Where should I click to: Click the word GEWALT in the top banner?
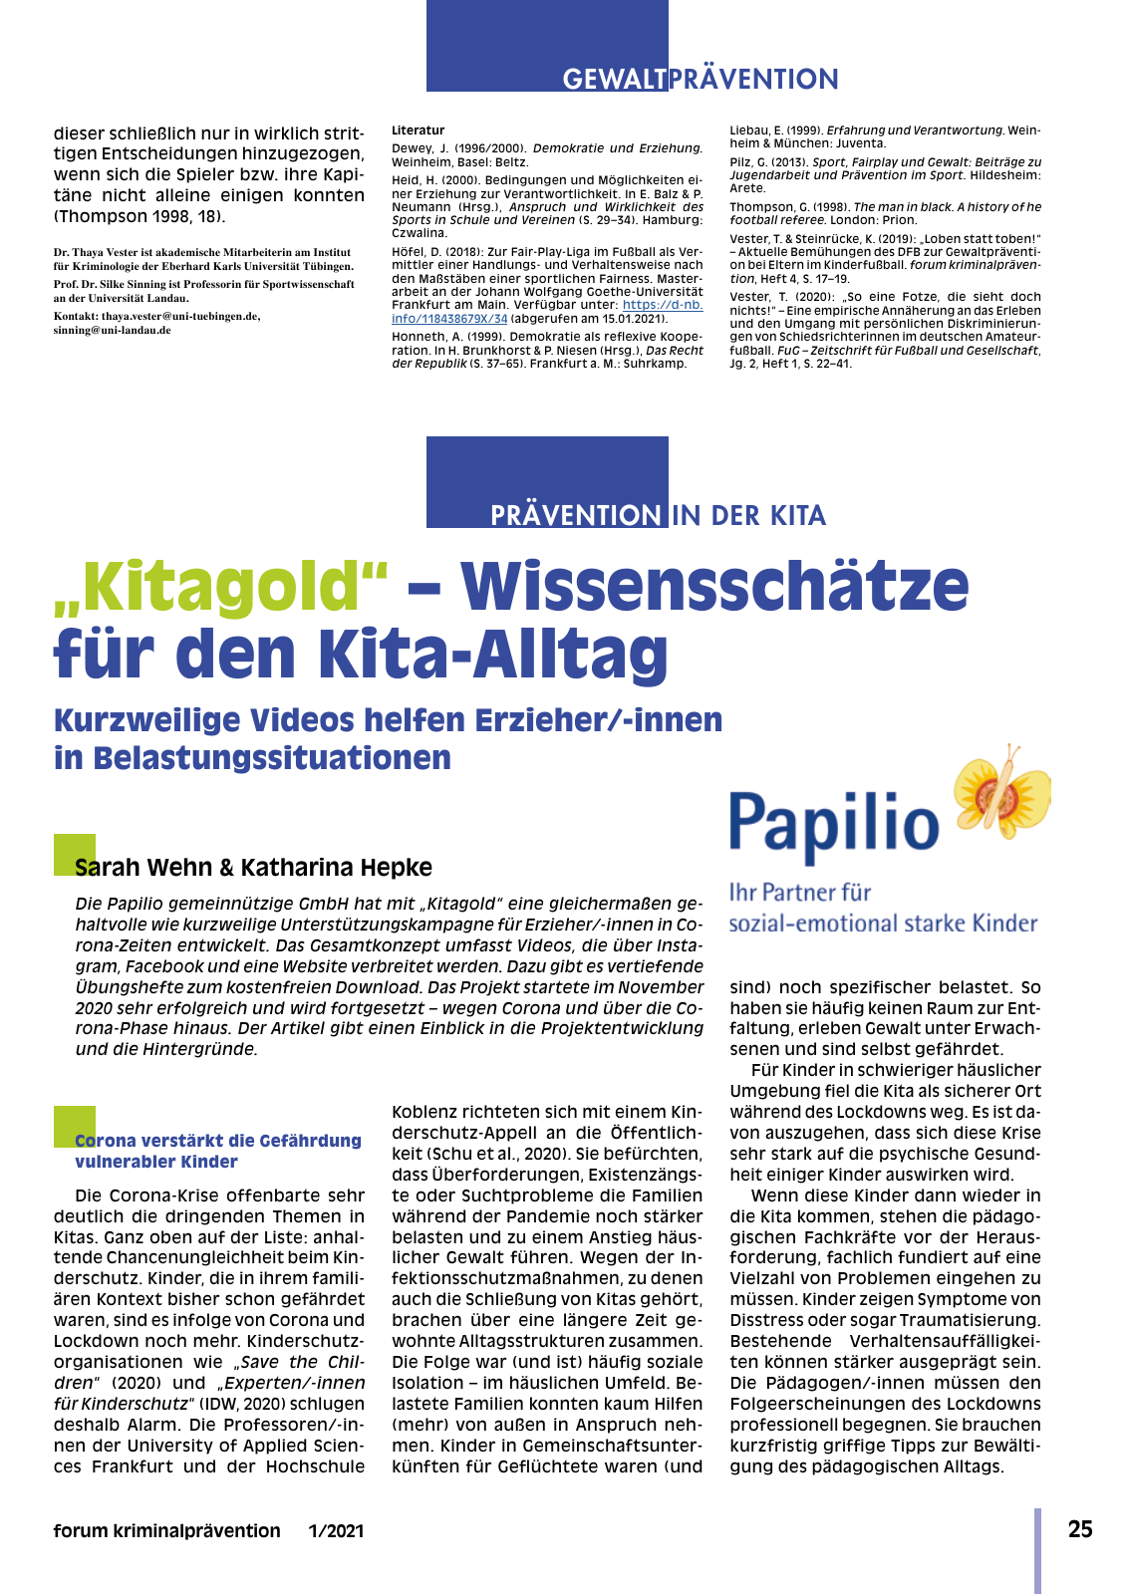[614, 80]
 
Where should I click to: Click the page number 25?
[1080, 1529]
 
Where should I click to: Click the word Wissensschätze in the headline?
[714, 587]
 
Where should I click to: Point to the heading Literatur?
[418, 131]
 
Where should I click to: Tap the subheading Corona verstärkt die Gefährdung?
[218, 1141]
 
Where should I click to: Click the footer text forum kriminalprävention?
[167, 1530]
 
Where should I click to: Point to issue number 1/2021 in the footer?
[336, 1530]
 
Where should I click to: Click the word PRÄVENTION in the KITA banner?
[575, 515]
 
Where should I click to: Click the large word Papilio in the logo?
[834, 824]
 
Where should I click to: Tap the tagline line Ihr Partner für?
[800, 892]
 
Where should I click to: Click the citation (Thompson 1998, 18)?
[140, 216]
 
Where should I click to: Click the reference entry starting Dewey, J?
[546, 154]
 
